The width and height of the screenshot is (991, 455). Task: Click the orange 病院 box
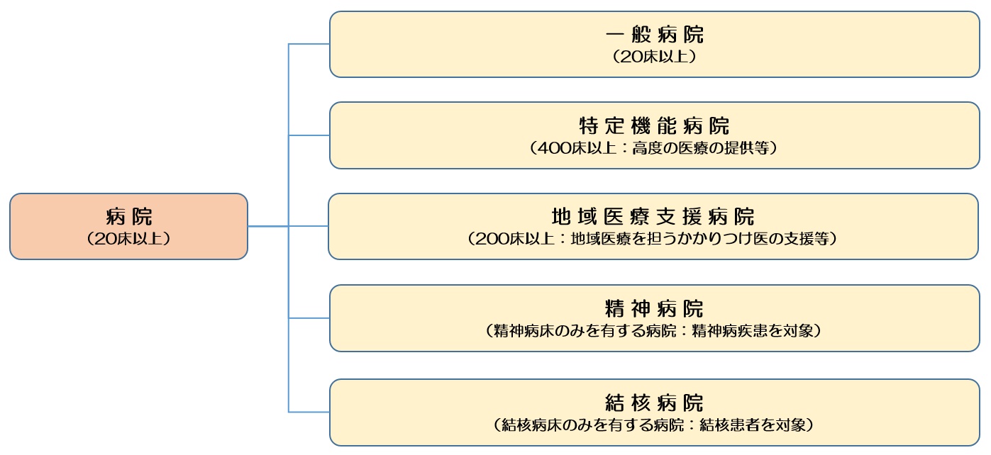click(128, 226)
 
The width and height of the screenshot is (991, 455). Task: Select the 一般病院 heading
click(654, 35)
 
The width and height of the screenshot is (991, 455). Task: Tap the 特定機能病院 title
click(654, 126)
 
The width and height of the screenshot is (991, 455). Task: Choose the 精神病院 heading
click(654, 308)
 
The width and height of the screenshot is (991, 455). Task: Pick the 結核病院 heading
click(654, 403)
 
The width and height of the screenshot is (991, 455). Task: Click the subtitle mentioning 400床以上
click(654, 149)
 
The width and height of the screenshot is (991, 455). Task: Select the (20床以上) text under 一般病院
click(654, 57)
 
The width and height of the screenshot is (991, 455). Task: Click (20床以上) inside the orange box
click(128, 239)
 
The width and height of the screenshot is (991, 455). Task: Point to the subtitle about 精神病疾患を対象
click(654, 331)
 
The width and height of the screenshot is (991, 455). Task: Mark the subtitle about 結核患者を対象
click(654, 425)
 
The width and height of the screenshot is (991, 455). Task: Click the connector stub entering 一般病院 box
click(309, 44)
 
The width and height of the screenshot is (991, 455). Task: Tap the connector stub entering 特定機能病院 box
click(309, 135)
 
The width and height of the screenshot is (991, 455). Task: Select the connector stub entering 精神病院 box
click(309, 318)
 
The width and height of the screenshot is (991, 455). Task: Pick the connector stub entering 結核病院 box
click(309, 412)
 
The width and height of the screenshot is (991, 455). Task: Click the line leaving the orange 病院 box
click(268, 226)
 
